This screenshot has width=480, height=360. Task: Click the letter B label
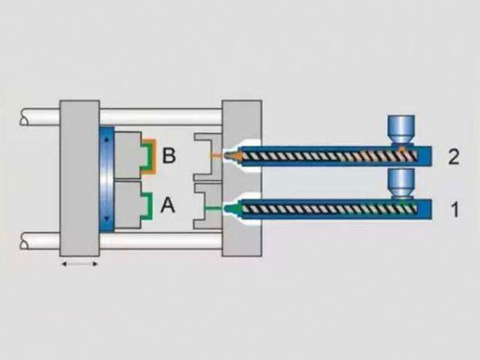coord(169,155)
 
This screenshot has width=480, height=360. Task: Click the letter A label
coord(168,205)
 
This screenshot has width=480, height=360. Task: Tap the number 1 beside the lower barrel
coord(455,209)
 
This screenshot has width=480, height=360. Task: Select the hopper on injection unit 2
coord(401,129)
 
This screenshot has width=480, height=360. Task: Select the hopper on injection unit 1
coord(401,184)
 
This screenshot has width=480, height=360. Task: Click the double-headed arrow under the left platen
coord(79,264)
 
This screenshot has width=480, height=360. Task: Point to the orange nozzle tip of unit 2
coord(232,156)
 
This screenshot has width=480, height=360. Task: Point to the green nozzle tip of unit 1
coord(232,209)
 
